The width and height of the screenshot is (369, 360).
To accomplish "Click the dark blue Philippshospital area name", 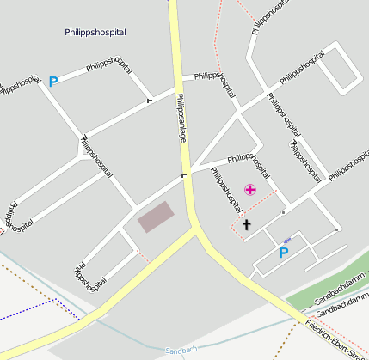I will (x=95, y=33).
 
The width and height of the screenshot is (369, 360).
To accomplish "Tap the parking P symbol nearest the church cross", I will (x=283, y=253).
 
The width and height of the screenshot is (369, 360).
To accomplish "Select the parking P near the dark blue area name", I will (x=52, y=82).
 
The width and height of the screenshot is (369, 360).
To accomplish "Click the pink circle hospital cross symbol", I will (x=249, y=189).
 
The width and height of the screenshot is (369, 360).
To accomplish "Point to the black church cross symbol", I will (x=247, y=225).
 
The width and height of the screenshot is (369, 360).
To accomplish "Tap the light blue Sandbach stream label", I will (x=180, y=351).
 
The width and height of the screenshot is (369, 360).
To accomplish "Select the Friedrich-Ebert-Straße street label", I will (x=335, y=340).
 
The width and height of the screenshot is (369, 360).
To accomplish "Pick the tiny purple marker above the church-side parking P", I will (x=286, y=240).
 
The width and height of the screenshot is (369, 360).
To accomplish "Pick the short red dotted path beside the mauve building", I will (x=143, y=253).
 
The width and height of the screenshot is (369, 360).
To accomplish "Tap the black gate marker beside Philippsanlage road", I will (x=182, y=177).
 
